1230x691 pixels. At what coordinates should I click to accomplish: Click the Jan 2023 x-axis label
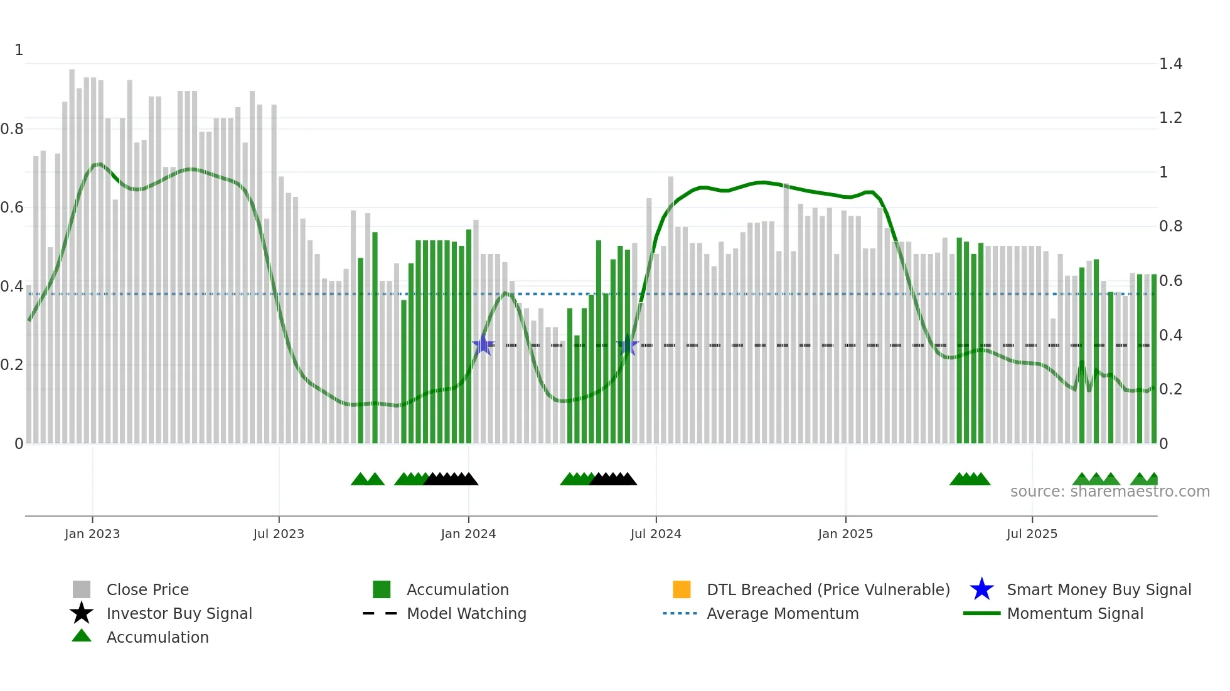92,534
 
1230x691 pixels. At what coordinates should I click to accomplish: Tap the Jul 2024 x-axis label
656,534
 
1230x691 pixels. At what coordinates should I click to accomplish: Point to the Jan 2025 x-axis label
845,534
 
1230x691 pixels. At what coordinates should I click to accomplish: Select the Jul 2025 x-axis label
1032,534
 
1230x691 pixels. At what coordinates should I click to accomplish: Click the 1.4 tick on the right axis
1170,63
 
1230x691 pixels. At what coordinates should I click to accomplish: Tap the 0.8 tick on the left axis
12,129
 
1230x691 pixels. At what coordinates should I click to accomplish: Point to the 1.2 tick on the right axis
1170,118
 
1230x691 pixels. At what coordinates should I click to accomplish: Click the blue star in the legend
981,589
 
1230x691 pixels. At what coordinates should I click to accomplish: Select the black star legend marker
82,613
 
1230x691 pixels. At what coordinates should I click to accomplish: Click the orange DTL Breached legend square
682,589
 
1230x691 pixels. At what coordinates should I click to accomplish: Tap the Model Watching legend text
466,613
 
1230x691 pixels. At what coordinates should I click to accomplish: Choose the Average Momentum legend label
783,613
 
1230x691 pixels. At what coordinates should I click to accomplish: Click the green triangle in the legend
82,636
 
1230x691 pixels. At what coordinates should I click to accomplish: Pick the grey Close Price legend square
82,589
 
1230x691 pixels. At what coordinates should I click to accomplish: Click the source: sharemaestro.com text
1110,491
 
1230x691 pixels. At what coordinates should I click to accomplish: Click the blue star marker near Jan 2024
483,345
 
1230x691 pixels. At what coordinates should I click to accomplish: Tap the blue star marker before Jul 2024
628,345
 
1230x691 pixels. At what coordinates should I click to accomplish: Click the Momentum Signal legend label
1075,613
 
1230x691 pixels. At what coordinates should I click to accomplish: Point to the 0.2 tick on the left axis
12,364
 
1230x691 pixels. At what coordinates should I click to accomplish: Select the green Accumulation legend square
382,589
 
